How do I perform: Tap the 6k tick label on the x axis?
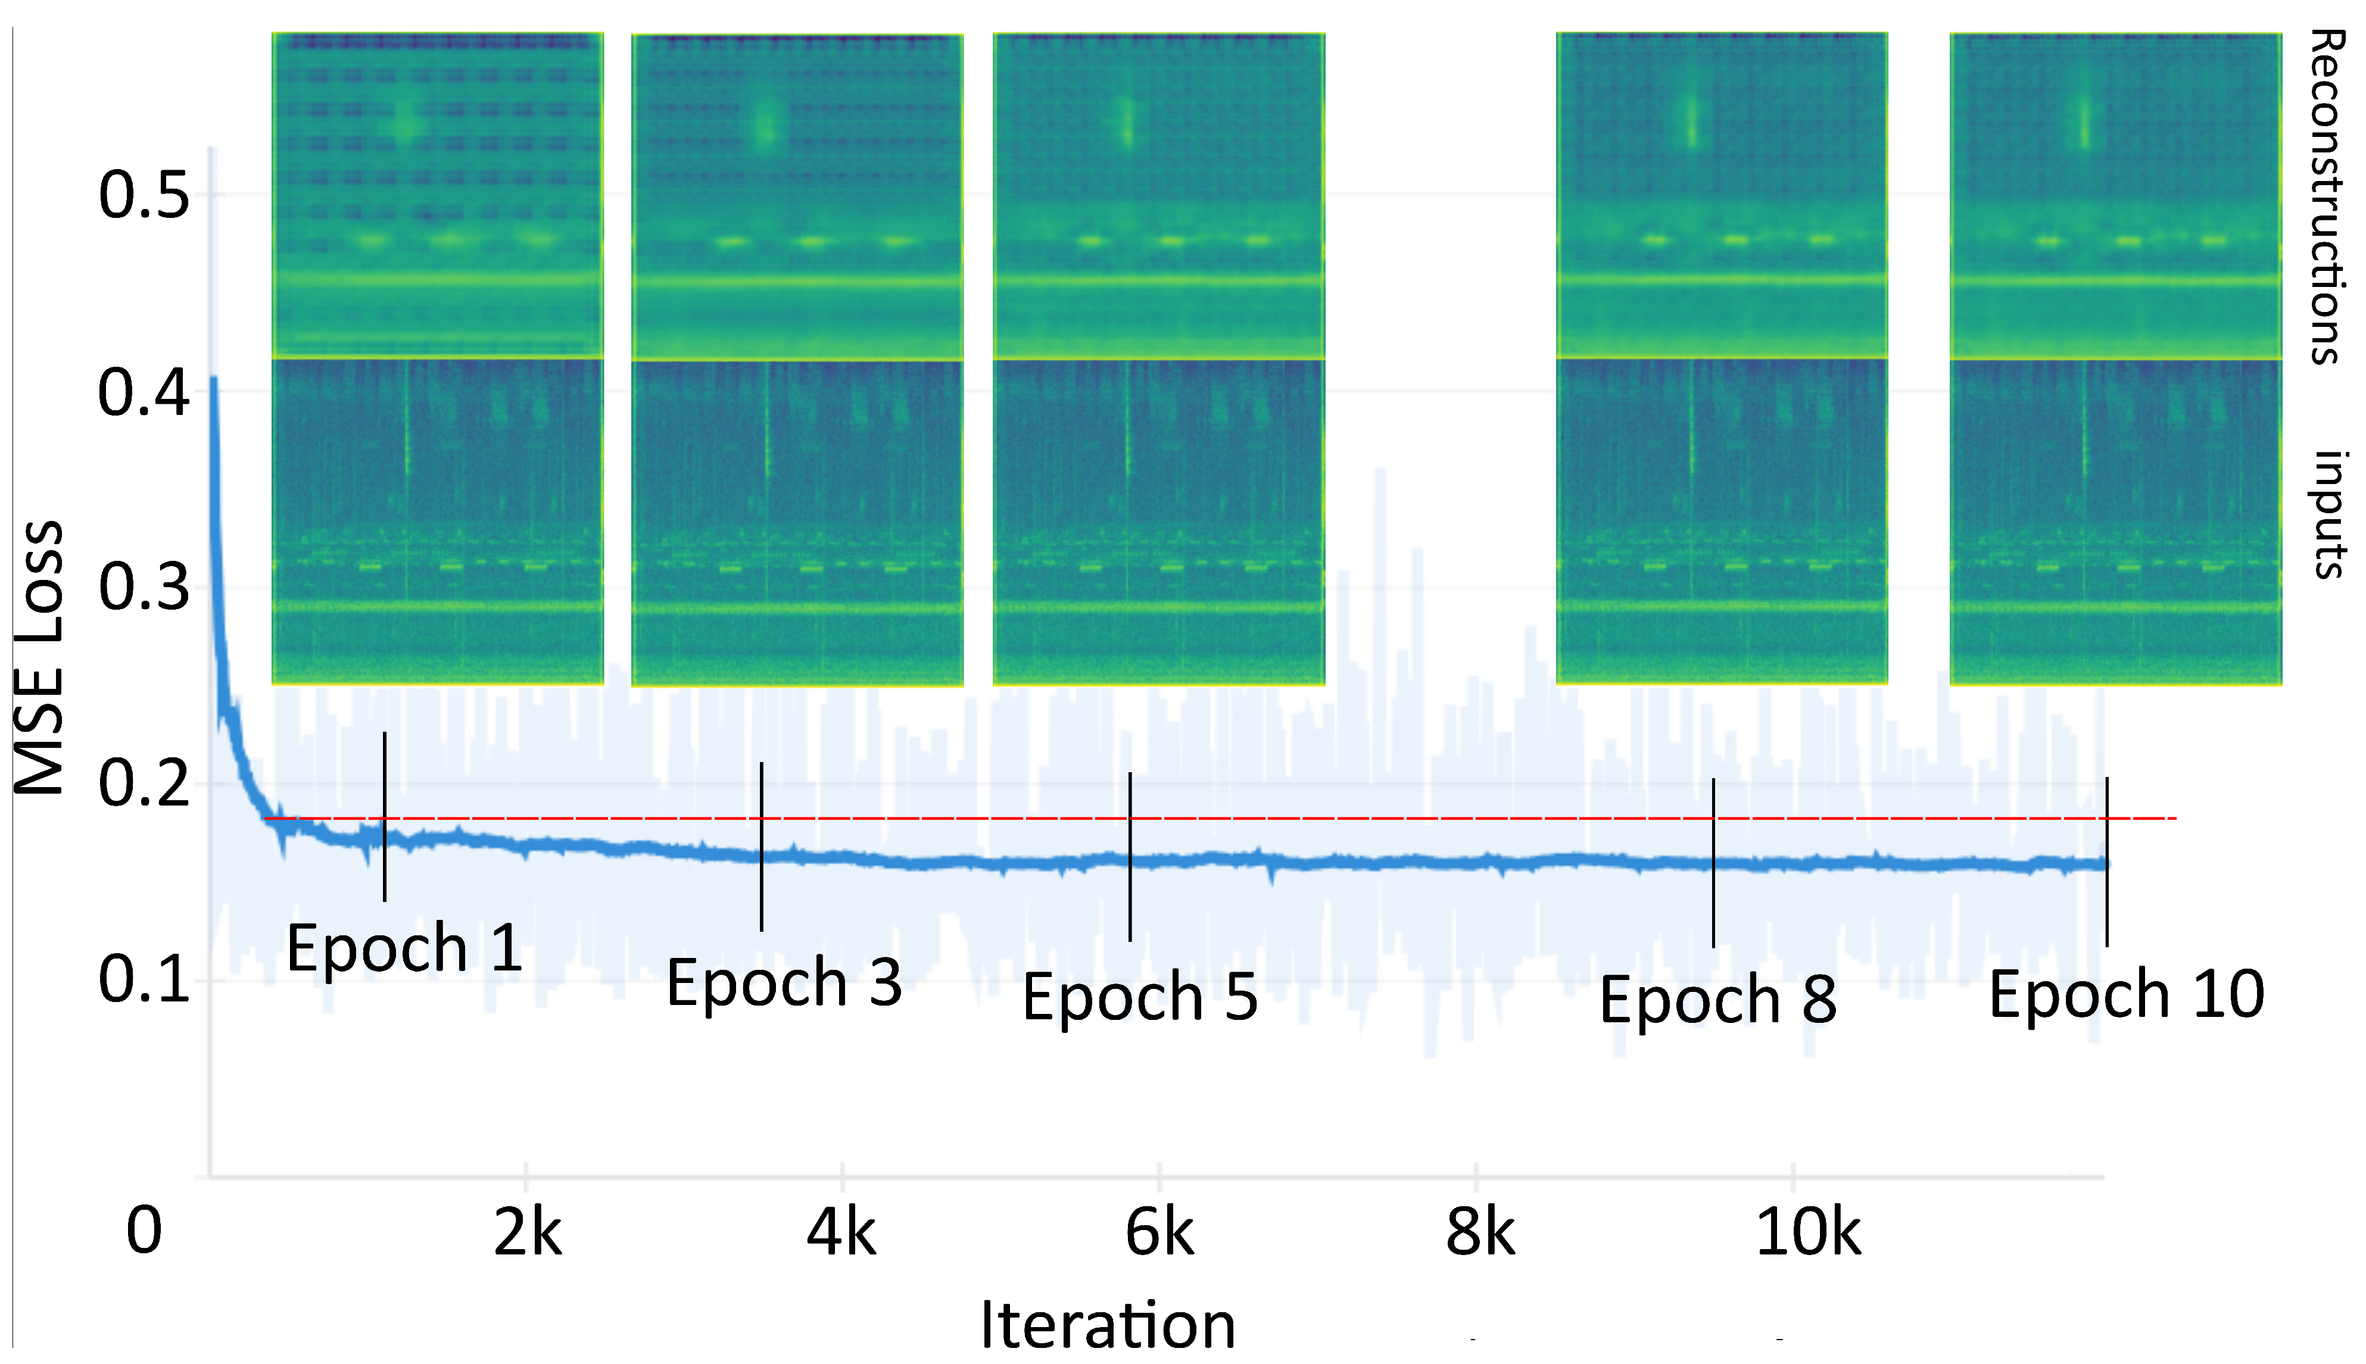pos(1159,1233)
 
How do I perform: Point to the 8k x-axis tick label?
pos(1480,1233)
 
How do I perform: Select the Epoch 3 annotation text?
pos(784,983)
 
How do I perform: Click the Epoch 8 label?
pos(1717,1000)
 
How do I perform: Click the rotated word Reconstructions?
pos(2327,196)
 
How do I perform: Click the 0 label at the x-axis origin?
pos(144,1231)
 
